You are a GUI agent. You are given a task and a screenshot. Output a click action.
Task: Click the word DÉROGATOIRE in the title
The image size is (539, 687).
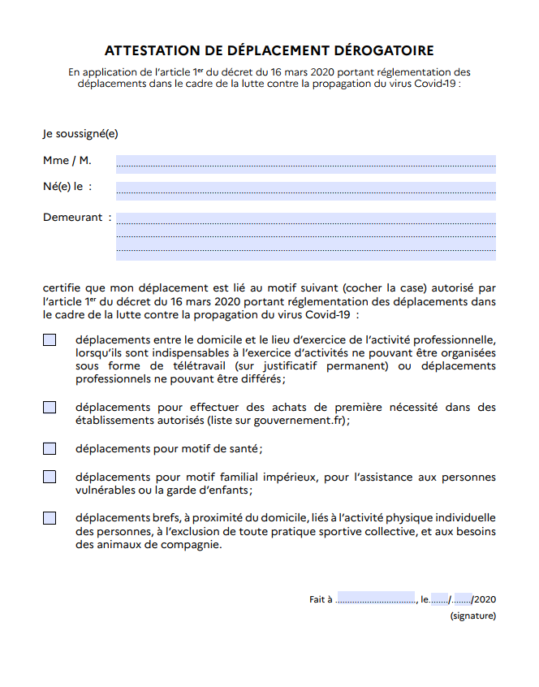click(x=377, y=50)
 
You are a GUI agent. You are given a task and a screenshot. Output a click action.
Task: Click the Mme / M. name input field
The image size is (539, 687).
click(x=305, y=163)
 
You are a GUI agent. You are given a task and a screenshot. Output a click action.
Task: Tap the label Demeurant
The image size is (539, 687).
click(x=73, y=218)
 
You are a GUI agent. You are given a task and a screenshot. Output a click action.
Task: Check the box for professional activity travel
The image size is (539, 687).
click(x=50, y=339)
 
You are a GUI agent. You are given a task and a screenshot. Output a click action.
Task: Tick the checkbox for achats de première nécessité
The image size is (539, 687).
click(x=50, y=407)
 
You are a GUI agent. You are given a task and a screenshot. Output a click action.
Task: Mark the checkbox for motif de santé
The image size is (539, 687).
click(x=50, y=448)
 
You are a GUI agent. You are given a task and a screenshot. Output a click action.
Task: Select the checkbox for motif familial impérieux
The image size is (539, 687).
click(x=50, y=477)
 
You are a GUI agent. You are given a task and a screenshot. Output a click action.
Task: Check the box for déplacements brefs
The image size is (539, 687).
click(x=50, y=517)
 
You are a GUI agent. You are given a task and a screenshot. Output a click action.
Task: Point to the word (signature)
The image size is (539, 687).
click(x=473, y=616)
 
